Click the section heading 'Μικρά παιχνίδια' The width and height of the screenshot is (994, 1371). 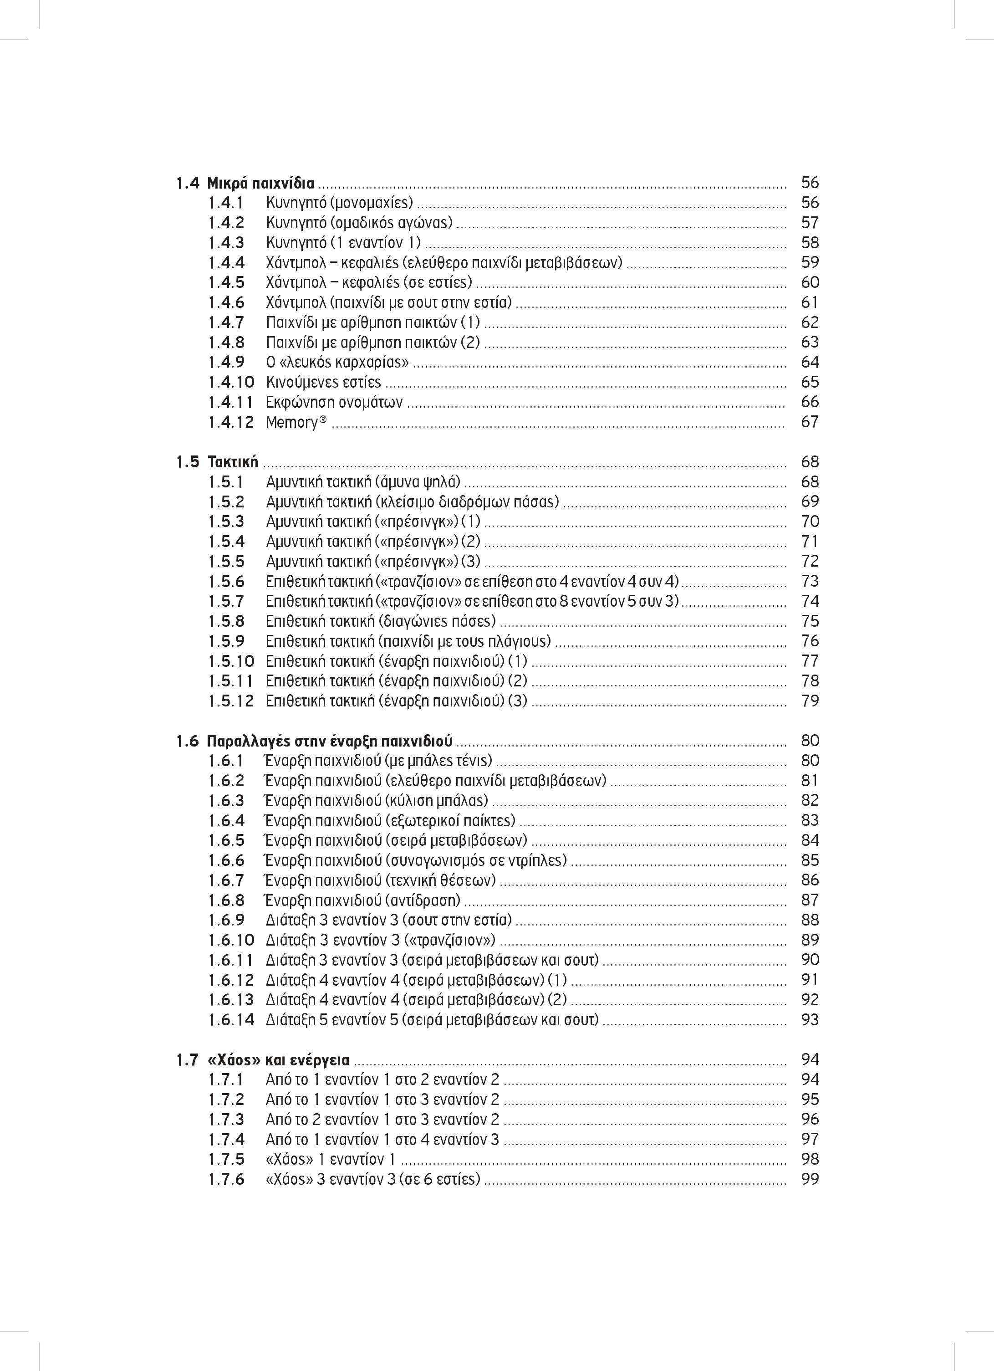coord(260,183)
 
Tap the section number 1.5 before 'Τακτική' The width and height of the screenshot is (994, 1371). coord(188,462)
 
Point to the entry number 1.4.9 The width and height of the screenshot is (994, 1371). coord(227,362)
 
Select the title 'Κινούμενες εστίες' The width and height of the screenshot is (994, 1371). coord(323,382)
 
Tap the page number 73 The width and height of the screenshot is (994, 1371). coord(810,582)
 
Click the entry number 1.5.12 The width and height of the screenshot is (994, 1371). coord(231,701)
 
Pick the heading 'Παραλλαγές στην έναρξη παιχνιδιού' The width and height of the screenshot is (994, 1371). coord(330,741)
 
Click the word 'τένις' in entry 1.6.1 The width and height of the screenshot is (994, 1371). coord(475,761)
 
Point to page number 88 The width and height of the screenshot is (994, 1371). coord(810,920)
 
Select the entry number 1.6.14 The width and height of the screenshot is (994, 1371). coord(231,1020)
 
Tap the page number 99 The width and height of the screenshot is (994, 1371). coord(810,1179)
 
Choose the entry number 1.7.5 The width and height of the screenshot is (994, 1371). coord(227,1159)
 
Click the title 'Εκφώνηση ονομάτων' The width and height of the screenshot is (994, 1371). coord(334,402)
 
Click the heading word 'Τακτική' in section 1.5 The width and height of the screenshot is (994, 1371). coord(233,462)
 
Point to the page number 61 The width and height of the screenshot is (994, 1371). coord(810,302)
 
